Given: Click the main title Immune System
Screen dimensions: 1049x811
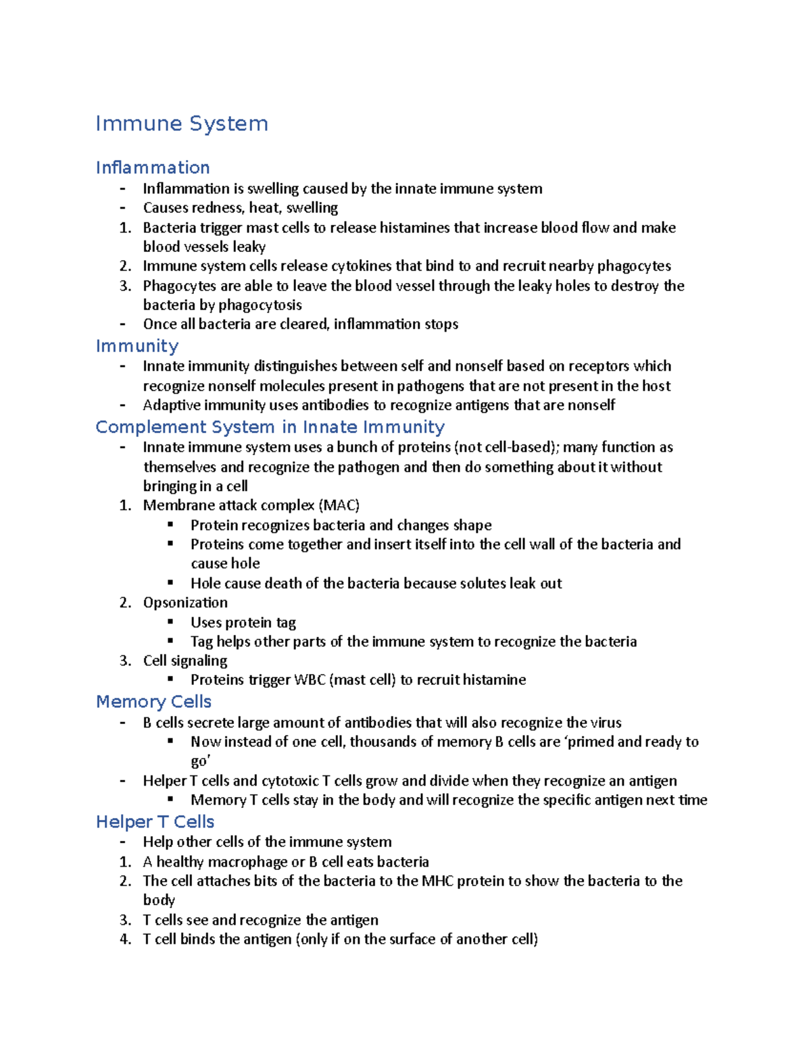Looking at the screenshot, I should coord(181,124).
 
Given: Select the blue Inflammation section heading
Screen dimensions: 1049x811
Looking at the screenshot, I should coord(153,168).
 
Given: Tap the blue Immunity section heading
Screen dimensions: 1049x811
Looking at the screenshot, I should coord(137,346).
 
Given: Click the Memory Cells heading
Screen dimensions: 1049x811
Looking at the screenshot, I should coord(153,702).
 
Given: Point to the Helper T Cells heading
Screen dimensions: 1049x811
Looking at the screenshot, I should coord(155,821).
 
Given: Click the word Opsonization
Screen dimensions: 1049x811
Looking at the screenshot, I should coord(185,603).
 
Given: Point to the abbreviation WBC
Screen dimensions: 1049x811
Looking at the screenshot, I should coord(310,680).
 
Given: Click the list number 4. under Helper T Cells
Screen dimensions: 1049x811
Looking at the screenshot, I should coord(125,940).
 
